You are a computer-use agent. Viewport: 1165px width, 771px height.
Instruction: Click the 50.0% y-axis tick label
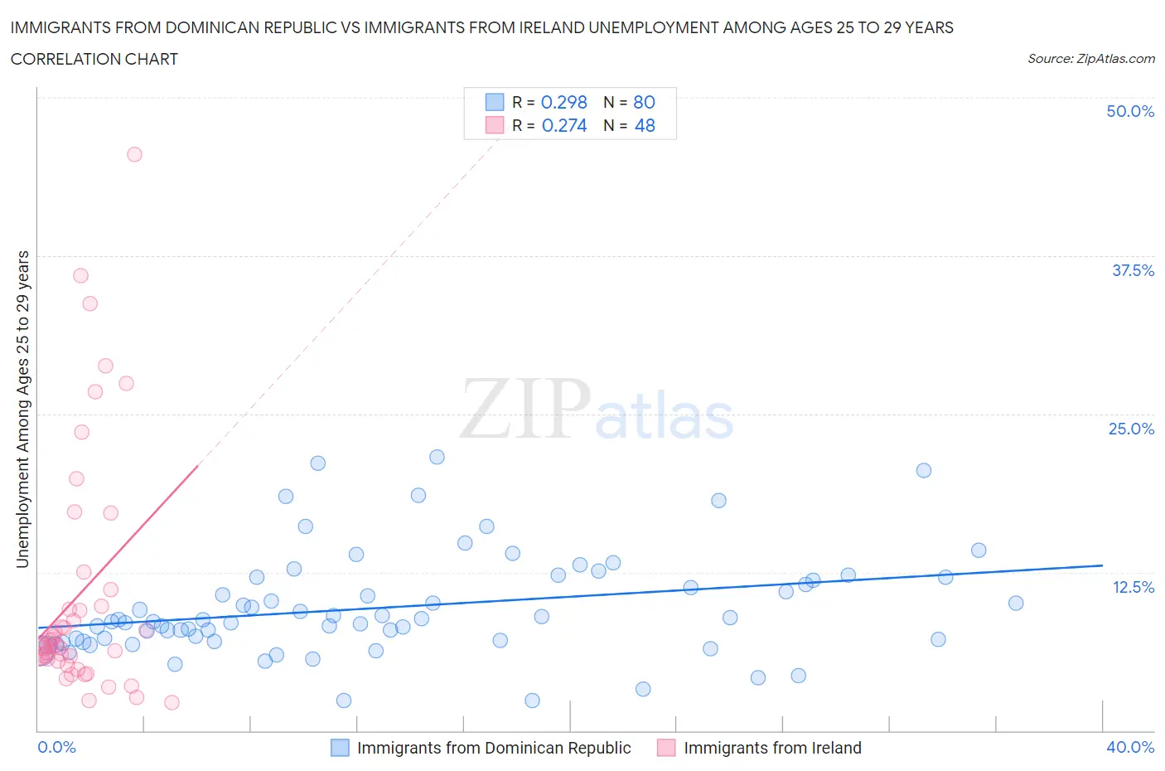1130,111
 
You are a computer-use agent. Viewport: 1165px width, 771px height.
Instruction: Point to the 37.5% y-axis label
1133,270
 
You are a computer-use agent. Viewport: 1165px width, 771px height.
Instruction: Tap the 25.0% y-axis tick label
1131,429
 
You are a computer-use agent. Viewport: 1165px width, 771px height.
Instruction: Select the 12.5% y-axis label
1133,587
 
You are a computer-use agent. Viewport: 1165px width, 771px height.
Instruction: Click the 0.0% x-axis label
56,747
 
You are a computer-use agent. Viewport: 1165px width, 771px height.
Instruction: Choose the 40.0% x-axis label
1130,747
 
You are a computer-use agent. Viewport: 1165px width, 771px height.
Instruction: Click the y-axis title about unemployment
22,409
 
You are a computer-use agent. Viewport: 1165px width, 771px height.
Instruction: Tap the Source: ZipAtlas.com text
1090,59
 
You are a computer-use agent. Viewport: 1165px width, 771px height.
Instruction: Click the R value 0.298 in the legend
563,102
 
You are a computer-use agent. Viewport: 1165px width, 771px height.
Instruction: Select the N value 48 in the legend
645,125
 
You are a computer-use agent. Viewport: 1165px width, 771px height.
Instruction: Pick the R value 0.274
563,125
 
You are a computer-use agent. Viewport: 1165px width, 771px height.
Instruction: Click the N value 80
644,102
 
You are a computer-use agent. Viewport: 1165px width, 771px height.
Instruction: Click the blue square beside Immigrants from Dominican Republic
340,748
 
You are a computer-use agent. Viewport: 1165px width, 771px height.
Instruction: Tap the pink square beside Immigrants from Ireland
666,748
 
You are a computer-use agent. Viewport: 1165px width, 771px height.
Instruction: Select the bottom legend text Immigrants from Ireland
772,748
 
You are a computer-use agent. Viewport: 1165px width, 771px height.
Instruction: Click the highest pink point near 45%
134,154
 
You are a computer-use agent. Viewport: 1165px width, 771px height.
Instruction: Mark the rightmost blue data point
1016,603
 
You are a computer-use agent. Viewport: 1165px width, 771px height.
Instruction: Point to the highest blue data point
437,457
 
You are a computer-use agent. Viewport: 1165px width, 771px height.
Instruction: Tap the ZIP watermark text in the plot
524,409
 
